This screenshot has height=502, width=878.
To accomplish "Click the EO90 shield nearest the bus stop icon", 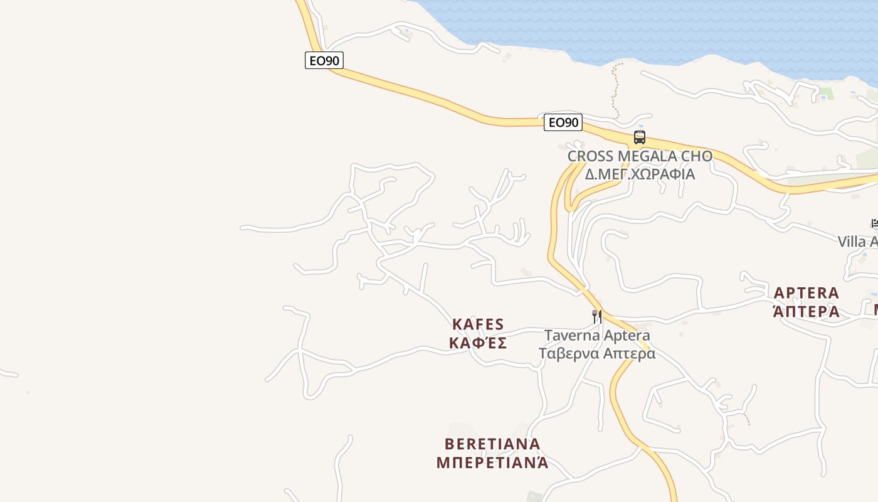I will [x=563, y=122].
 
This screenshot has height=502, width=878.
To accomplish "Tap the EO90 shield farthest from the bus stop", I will [x=324, y=60].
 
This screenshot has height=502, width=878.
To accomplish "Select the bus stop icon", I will [x=640, y=137].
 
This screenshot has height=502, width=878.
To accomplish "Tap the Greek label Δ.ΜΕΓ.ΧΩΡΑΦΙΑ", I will [x=640, y=174].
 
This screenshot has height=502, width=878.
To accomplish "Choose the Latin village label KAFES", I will [x=478, y=324].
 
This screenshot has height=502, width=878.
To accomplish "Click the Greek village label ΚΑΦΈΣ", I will [x=478, y=343].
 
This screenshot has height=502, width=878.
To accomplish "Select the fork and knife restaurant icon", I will [x=597, y=316].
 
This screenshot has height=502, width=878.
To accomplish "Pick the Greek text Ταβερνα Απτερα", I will [x=597, y=353].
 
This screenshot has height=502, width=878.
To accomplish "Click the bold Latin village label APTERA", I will [x=806, y=293].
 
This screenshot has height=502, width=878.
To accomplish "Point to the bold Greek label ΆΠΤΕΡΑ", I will [x=806, y=311].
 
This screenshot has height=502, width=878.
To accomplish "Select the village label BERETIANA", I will [x=492, y=444].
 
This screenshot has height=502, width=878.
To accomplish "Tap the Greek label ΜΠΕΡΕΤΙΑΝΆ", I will [x=492, y=462].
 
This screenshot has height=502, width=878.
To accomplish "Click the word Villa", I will [x=852, y=242].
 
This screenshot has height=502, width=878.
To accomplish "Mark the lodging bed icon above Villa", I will [x=874, y=223].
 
